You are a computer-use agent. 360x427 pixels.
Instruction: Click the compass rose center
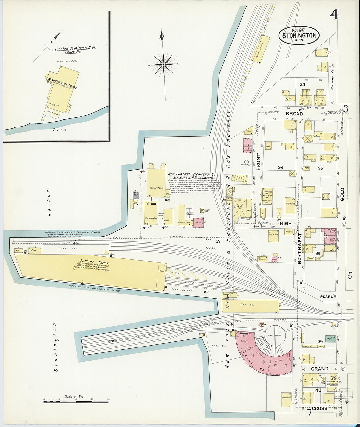point(163,65)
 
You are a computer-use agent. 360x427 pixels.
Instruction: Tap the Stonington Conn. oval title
point(299,35)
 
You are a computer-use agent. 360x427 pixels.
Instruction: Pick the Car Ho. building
point(250,306)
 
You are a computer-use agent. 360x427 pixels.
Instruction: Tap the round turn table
point(275,336)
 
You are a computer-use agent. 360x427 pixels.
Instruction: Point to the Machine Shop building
point(151,213)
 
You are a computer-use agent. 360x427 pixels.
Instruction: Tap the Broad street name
point(295,114)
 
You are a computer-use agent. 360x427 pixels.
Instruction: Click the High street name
point(285,223)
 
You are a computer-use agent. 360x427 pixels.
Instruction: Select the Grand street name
point(319,369)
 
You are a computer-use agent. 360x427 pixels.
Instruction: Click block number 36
point(280,168)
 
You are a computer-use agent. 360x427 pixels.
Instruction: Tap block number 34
point(302,84)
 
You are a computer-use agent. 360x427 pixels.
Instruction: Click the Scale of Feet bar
point(76,401)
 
